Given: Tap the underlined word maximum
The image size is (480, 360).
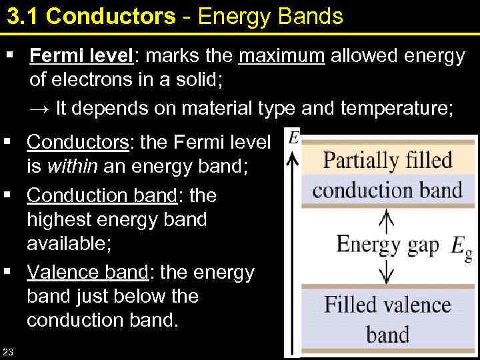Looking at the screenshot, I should pos(281,57).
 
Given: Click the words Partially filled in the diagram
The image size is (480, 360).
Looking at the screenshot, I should pos(387,160).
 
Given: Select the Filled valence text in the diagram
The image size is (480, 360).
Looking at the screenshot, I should pos(387,305).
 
